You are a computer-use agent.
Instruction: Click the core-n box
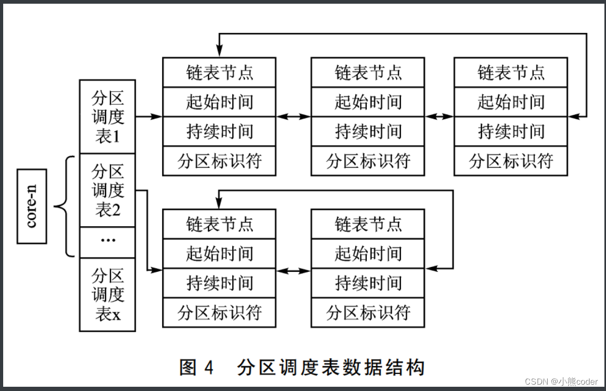(x=32, y=206)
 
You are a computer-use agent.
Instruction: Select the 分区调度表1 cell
(x=108, y=117)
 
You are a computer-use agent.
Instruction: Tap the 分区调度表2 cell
(x=108, y=190)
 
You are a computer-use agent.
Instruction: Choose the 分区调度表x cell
(x=108, y=295)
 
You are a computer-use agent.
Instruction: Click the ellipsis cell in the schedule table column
(x=108, y=242)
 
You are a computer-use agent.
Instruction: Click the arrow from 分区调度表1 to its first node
(x=149, y=117)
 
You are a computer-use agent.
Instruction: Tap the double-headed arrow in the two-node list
(x=293, y=271)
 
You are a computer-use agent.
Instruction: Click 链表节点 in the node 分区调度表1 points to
(x=219, y=72)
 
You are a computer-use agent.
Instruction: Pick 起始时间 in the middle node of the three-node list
(x=367, y=102)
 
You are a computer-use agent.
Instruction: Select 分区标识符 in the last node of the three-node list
(x=511, y=161)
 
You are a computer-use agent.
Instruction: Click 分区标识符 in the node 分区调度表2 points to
(x=219, y=312)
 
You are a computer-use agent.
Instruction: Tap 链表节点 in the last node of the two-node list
(x=367, y=224)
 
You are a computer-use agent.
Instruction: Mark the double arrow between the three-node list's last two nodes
(x=439, y=117)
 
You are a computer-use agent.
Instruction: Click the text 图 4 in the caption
(x=197, y=367)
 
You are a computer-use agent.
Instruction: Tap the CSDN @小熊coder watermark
(x=561, y=381)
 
